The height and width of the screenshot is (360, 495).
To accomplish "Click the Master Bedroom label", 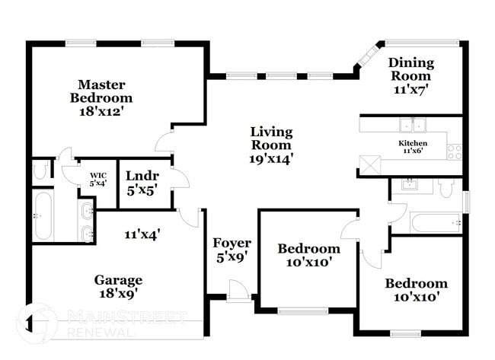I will [x=101, y=91].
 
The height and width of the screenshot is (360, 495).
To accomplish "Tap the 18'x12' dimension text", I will [x=101, y=111].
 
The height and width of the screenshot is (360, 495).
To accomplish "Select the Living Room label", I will [x=271, y=139].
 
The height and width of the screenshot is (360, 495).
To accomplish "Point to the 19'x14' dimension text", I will [x=271, y=158].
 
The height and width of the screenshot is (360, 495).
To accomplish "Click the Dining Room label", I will [x=410, y=69].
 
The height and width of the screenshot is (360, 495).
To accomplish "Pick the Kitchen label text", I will [x=413, y=143].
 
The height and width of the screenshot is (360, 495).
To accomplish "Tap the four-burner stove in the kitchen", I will [x=455, y=151].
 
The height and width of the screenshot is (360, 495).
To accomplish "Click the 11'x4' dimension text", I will [x=142, y=235].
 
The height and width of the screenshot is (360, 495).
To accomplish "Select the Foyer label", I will [x=232, y=243].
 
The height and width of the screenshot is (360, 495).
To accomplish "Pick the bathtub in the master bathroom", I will [x=43, y=216].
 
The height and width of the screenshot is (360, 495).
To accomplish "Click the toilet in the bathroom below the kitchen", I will [x=446, y=187].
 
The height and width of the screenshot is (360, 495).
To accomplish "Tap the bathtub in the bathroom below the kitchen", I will [x=435, y=223].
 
